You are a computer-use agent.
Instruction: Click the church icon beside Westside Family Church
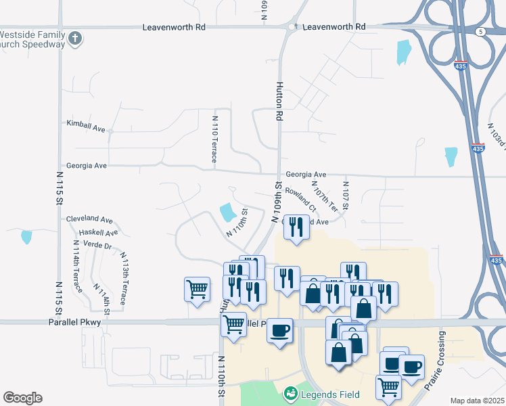point(76,39)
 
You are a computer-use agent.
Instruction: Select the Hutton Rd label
point(278,101)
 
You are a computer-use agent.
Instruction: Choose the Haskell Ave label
point(98,233)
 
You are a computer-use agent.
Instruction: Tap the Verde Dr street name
point(98,246)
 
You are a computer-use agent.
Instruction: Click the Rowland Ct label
point(300,198)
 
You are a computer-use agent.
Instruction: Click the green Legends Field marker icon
point(291,393)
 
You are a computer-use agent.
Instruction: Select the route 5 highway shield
point(480,31)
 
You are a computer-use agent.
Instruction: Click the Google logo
point(22,398)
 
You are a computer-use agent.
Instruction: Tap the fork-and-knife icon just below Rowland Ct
point(296,227)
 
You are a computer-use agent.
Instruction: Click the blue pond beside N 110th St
point(227,213)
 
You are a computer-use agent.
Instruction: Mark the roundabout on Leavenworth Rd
point(292,27)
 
